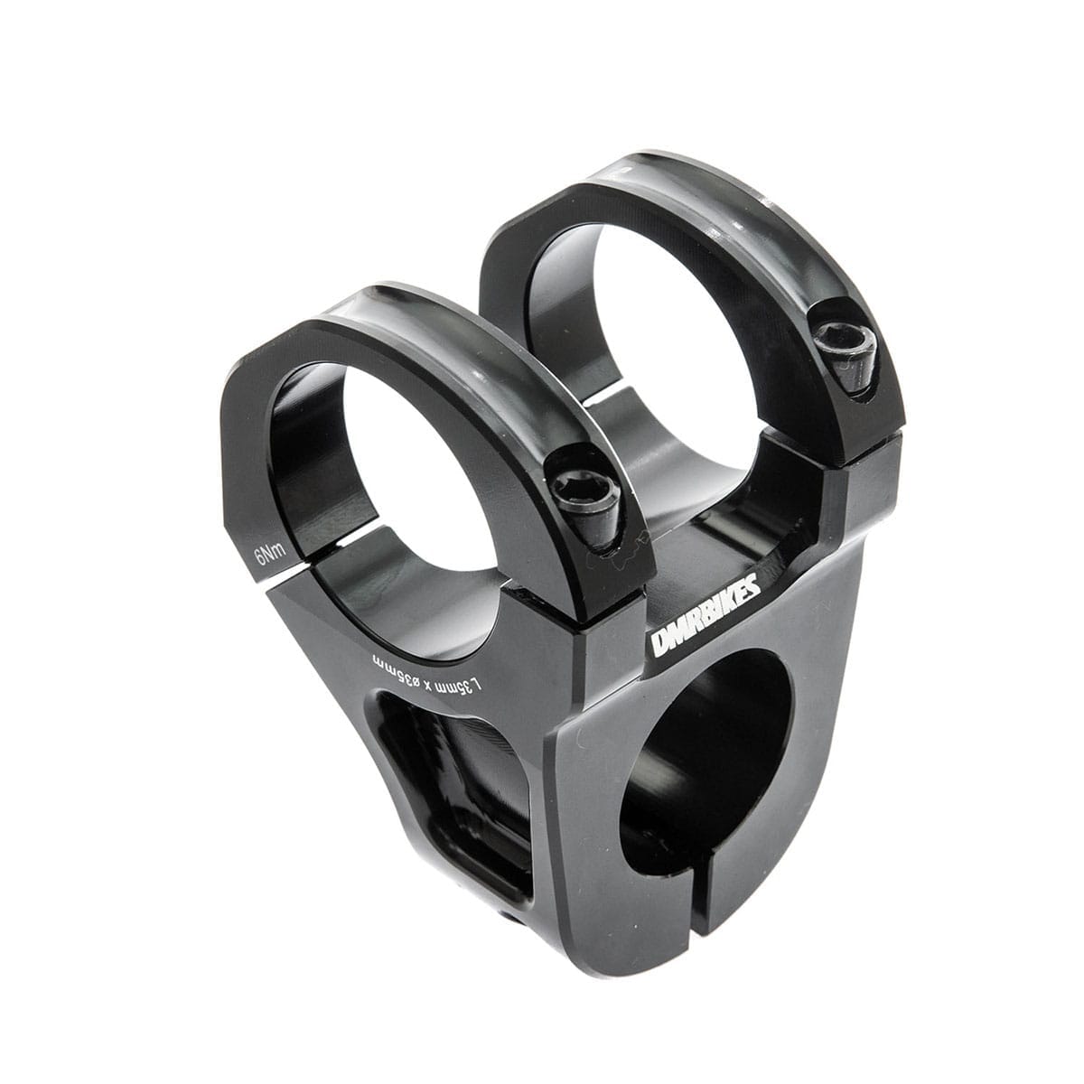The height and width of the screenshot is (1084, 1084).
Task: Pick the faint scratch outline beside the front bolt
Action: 632,547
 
